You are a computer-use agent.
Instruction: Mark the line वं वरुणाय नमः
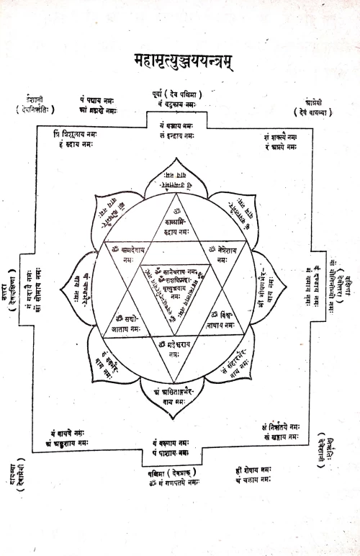[x=177, y=442]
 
